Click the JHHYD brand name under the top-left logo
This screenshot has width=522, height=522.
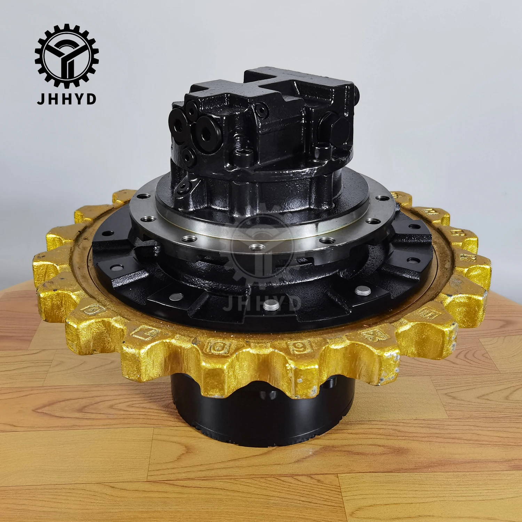[x=66, y=99]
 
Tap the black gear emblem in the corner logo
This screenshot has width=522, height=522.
[x=66, y=56]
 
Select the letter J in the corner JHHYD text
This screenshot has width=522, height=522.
[x=40, y=99]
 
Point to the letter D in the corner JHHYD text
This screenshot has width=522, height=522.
[x=92, y=99]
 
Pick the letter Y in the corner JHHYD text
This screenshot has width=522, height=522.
[x=79, y=99]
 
